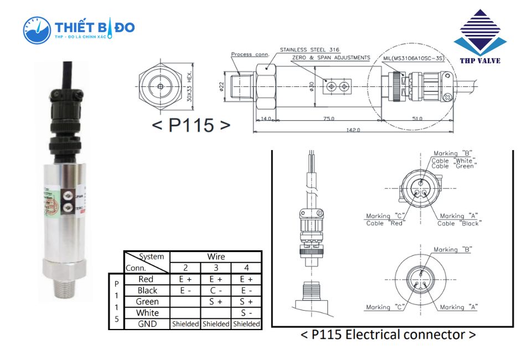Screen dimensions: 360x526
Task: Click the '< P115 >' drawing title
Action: click(x=190, y=125)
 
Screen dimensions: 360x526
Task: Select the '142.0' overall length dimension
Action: click(x=353, y=130)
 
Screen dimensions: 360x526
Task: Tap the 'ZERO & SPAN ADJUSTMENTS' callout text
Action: click(x=331, y=58)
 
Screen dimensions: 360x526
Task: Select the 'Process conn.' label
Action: click(x=249, y=54)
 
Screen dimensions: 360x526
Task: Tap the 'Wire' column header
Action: click(x=216, y=256)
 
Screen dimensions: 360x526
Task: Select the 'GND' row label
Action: click(x=147, y=324)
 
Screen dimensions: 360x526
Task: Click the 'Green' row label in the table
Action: click(x=147, y=302)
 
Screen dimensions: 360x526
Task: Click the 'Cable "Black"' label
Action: click(x=459, y=223)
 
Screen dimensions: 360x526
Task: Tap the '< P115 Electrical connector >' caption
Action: click(x=388, y=335)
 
